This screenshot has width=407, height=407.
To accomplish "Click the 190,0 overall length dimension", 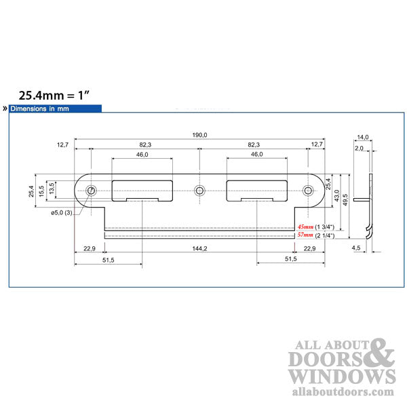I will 199,136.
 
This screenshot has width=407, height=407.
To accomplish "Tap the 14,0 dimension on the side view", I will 362,138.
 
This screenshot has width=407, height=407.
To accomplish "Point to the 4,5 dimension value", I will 356,249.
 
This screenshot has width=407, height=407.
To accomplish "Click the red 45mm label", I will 305,227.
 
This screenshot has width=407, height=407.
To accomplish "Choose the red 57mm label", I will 305,235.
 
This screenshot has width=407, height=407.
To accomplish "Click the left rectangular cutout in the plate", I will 142,190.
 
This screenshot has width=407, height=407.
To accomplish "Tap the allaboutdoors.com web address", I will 341,392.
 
